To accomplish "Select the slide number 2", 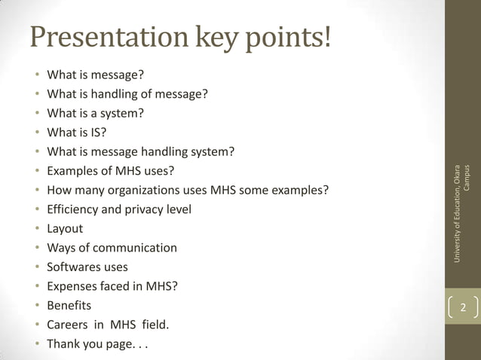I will tap(463, 308).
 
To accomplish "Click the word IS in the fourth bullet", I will tap(93, 133).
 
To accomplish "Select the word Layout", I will tap(65, 229).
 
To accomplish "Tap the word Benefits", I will tap(69, 306).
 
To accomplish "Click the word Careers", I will tap(70, 325).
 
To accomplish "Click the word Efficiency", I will tap(72, 209).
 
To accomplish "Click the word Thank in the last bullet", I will tap(63, 344).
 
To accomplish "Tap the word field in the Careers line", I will tap(153, 325).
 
